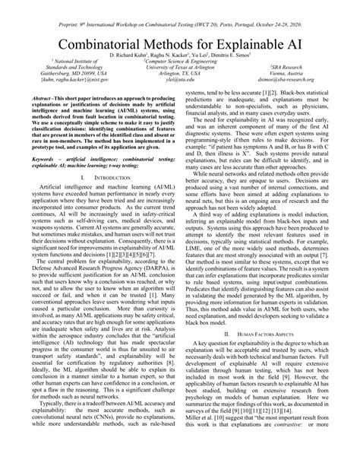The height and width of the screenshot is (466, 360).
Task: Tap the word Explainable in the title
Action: coord(251,43)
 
